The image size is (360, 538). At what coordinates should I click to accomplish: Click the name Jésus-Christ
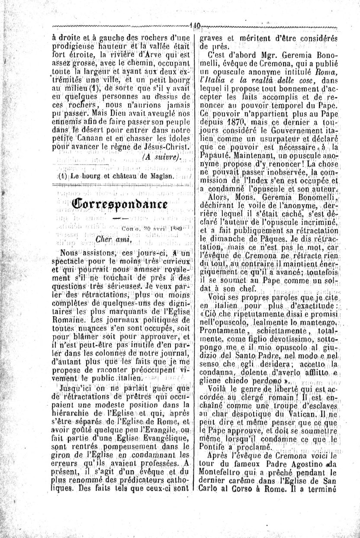167,148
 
